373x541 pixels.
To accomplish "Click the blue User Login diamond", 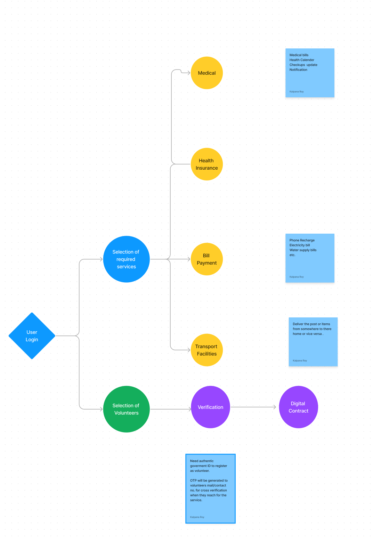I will pyautogui.click(x=32, y=336).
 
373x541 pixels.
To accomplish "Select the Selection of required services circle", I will pyautogui.click(x=126, y=259).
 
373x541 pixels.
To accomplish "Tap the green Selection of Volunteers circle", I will pyautogui.click(x=126, y=409).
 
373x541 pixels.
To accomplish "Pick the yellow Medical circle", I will pyautogui.click(x=207, y=73).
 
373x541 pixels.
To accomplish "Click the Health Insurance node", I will pyautogui.click(x=207, y=164).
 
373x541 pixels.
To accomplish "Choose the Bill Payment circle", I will pyautogui.click(x=207, y=259).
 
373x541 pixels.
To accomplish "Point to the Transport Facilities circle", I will pyautogui.click(x=207, y=350).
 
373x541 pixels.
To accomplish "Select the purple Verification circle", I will pyautogui.click(x=211, y=407).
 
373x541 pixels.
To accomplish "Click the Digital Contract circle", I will pyautogui.click(x=298, y=407).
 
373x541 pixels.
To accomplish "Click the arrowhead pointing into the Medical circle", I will pyautogui.click(x=189, y=73).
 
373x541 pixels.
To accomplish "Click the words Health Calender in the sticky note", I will pyautogui.click(x=302, y=60).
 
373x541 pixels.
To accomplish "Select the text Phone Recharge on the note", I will pyautogui.click(x=302, y=240).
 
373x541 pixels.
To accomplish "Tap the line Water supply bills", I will pyautogui.click(x=303, y=250).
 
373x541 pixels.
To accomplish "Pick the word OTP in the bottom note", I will pyautogui.click(x=193, y=481).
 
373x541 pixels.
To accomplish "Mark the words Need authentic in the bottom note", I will pyautogui.click(x=202, y=461).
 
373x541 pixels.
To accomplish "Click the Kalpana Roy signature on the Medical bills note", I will pyautogui.click(x=297, y=92).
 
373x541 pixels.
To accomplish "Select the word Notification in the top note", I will pyautogui.click(x=298, y=70).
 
